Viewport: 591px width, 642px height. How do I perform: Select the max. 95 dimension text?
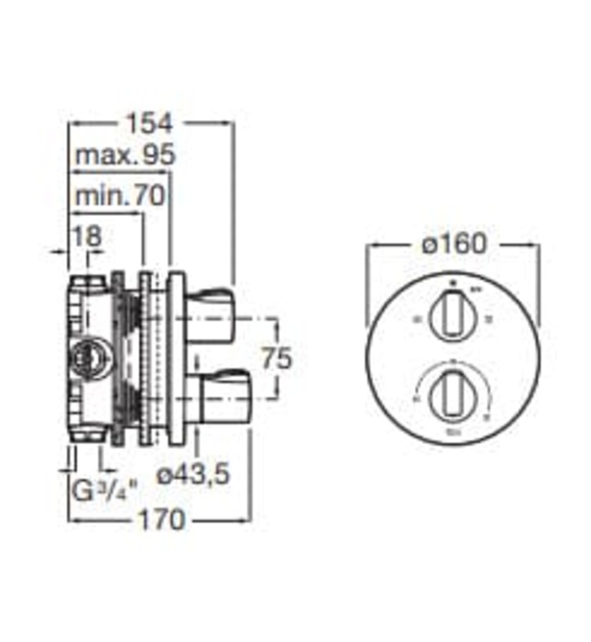[125, 157]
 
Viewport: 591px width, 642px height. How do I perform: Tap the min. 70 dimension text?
[119, 194]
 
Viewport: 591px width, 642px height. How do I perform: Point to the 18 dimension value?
[87, 235]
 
